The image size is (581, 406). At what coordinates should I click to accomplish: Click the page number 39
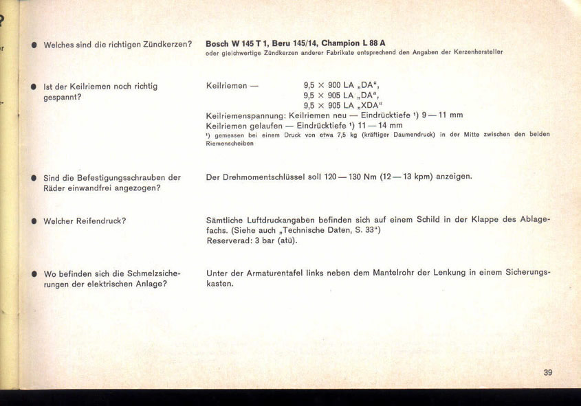[547, 372]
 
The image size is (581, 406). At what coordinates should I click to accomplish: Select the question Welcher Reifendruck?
[85, 221]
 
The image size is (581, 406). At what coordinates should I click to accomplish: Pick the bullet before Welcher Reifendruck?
[32, 222]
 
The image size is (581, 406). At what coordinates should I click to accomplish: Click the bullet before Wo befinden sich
[32, 273]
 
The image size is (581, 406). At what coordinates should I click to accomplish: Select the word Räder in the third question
[55, 188]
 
